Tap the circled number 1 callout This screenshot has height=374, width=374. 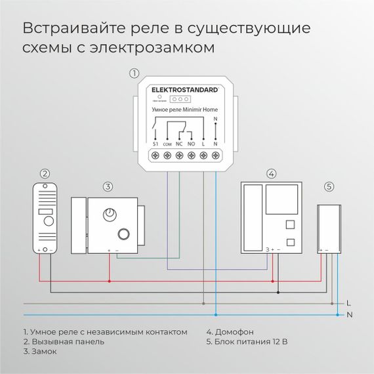(x=135, y=73)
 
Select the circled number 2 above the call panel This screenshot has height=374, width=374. (x=45, y=174)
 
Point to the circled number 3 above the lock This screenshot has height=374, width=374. (x=108, y=186)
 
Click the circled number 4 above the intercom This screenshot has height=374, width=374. (x=271, y=174)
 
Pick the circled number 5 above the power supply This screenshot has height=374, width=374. (x=329, y=186)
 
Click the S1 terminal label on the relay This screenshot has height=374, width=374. (x=156, y=143)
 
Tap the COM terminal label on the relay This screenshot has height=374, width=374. (x=167, y=144)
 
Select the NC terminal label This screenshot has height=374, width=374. (x=179, y=143)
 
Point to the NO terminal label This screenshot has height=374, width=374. (x=191, y=143)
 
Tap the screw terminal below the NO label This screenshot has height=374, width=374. (x=191, y=156)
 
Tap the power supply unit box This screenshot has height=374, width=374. (x=327, y=228)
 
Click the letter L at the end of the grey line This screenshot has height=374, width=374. (x=348, y=304)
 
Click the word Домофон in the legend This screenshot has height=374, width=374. (x=234, y=332)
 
